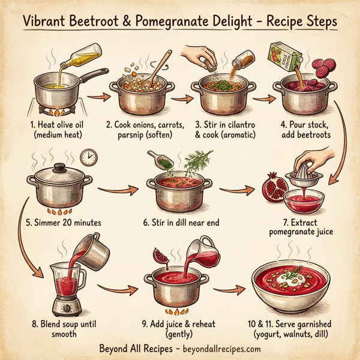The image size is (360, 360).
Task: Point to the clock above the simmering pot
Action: (x=88, y=157)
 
